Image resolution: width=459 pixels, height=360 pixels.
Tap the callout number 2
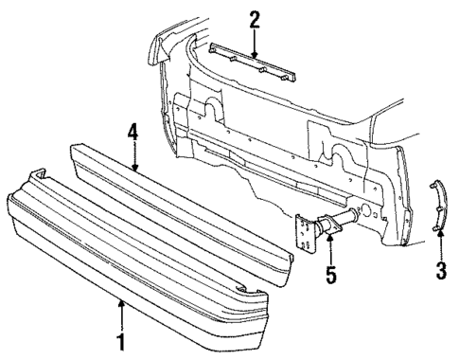pyautogui.click(x=255, y=18)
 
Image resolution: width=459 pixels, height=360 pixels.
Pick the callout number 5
pyautogui.click(x=330, y=279)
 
